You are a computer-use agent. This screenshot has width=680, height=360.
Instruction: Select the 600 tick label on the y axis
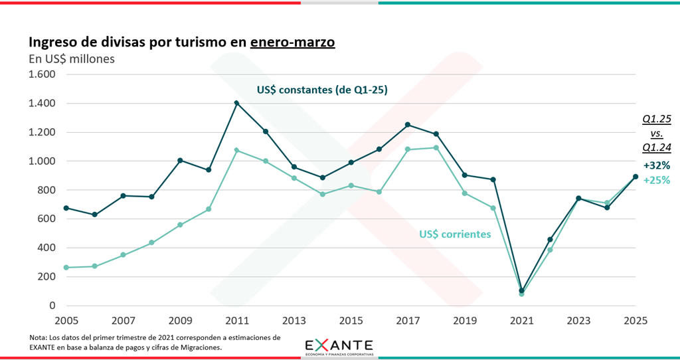[x=45, y=219]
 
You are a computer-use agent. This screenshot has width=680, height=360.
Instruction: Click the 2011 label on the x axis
[x=236, y=320]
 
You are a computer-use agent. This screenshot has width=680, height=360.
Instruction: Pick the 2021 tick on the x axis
[x=521, y=320]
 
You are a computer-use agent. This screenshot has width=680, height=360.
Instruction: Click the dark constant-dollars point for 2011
[x=236, y=103]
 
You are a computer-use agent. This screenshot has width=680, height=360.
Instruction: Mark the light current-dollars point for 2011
[x=236, y=150]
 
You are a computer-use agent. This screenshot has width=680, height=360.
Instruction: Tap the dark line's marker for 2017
[x=408, y=125]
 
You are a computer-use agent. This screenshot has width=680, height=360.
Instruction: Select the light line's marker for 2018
[x=436, y=147]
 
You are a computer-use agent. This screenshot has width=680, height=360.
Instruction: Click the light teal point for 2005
[x=66, y=268]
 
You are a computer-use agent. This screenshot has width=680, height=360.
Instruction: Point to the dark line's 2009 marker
[x=180, y=160]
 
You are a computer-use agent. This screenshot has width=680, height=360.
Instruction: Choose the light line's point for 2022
[x=550, y=250]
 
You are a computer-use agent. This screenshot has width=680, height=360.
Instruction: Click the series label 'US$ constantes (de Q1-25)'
[x=322, y=90]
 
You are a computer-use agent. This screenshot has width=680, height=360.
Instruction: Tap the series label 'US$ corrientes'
[x=455, y=234]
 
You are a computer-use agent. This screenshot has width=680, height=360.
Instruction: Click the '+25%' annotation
[x=656, y=180]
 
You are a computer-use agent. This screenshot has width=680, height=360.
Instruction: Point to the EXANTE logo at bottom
[x=339, y=347]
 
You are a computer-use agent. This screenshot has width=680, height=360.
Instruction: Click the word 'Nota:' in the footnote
[x=39, y=337]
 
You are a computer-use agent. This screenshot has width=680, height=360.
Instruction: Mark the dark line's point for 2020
[x=493, y=179]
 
